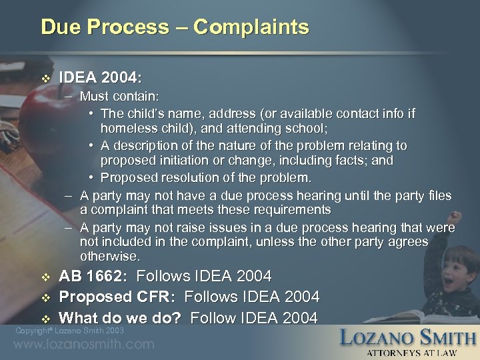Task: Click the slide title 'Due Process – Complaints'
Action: point(175,27)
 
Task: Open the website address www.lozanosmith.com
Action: point(83,345)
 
